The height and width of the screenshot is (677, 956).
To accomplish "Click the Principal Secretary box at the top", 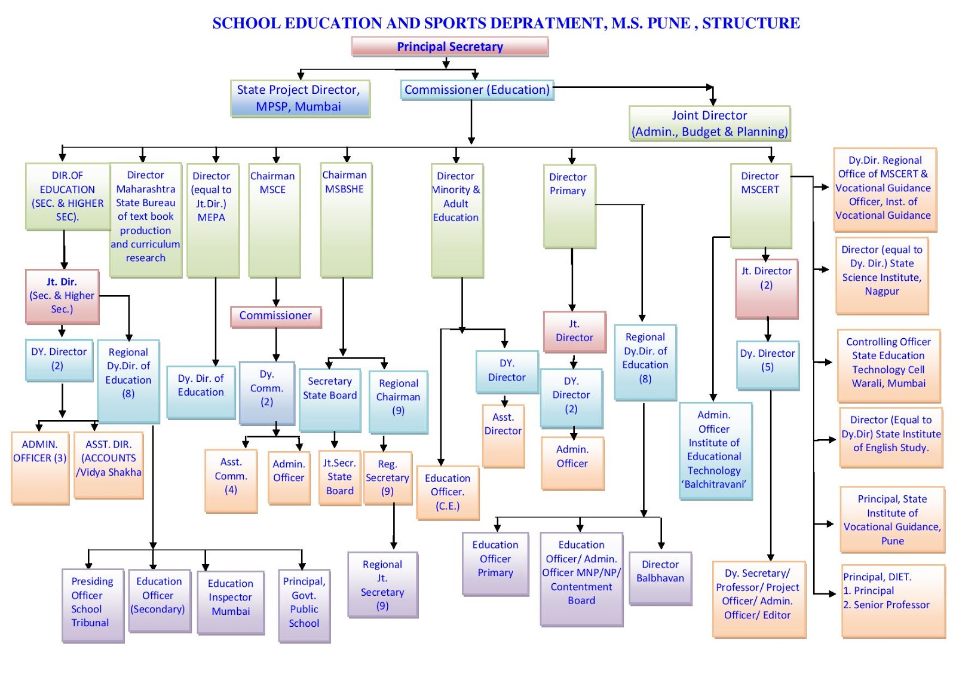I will click(450, 47).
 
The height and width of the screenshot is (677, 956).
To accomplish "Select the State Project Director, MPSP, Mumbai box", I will click(300, 99).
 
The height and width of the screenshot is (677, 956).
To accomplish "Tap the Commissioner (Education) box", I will click(477, 90).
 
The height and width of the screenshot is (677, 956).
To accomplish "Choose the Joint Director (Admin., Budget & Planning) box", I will click(709, 124).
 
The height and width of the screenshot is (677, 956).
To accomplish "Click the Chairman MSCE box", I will click(274, 219).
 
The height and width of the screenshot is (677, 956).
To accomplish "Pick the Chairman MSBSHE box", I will click(346, 219).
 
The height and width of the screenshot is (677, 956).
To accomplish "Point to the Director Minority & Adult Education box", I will click(456, 219).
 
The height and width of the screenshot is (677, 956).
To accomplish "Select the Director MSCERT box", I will click(761, 205).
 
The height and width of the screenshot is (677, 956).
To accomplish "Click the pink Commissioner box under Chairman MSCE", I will click(275, 316).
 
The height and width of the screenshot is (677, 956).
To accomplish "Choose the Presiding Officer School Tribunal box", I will click(92, 604).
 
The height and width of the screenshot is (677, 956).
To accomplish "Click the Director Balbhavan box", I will click(660, 577).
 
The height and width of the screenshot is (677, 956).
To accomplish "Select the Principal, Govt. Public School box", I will click(304, 604).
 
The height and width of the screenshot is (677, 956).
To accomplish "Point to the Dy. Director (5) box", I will click(768, 364).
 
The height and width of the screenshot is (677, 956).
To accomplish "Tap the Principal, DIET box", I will click(893, 600).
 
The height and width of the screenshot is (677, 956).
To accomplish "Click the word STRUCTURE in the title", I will click(750, 23).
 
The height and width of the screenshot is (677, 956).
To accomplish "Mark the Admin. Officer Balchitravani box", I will click(715, 451).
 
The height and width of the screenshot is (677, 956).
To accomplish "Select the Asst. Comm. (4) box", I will click(231, 480).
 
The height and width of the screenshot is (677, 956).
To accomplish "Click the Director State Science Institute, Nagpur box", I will click(882, 275).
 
